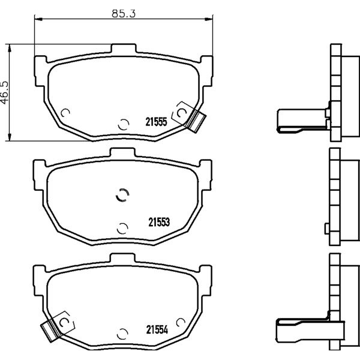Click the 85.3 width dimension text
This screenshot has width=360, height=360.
coord(124,14)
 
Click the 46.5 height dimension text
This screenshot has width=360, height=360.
coord(5,92)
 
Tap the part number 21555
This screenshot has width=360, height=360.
coord(156,122)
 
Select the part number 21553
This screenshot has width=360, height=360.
coord(159,222)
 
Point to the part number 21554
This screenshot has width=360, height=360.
coord(157,330)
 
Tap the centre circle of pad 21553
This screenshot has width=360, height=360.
coord(122,195)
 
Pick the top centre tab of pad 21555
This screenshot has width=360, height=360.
coord(124,48)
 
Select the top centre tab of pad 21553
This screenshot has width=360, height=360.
coord(122,152)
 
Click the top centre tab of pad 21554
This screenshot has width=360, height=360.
coord(122,258)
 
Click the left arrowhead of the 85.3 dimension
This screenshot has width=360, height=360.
coord(38,19)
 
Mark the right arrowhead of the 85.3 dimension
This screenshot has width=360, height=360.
coord(209,19)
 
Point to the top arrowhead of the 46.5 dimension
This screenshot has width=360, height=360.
coord(9,49)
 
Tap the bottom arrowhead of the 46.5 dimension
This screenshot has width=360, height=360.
coord(9,137)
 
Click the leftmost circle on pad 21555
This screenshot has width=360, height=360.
coord(65,113)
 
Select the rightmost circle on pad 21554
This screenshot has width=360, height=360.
coord(181,323)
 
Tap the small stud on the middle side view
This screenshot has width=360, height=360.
coord(327,229)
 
